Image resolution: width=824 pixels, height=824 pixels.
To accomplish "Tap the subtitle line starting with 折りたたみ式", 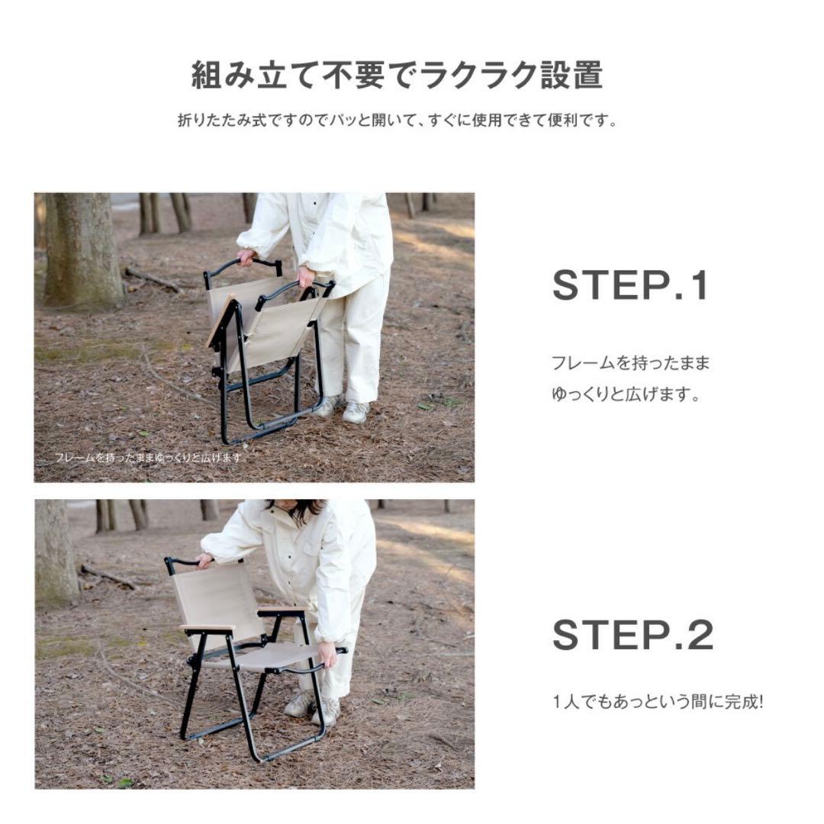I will point(398,121).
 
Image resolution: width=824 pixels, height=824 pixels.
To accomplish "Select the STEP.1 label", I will point(630,286).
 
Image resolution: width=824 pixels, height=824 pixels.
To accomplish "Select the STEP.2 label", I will point(632,636).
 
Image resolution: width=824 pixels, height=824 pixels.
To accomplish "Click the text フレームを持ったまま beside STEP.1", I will point(630,363).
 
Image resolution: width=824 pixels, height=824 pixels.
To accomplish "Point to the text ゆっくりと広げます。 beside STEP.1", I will point(626,395).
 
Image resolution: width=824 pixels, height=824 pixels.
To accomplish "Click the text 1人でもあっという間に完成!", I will point(657,701).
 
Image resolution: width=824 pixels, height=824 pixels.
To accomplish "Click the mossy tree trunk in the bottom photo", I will point(56,553).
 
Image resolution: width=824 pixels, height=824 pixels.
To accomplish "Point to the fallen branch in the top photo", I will point(153,279).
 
